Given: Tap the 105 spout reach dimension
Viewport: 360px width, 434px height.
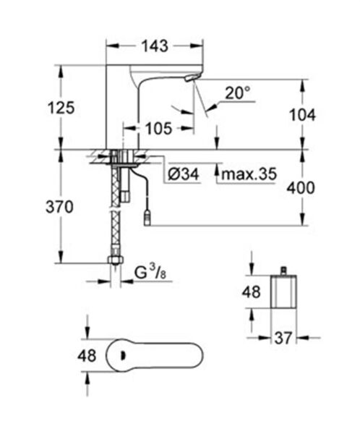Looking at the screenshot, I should [157, 129].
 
